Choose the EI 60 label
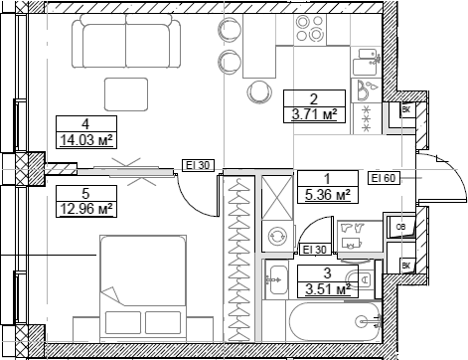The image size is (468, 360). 383,177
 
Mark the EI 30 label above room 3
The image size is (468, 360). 315,250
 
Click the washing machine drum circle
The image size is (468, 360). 277,236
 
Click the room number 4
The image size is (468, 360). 86,123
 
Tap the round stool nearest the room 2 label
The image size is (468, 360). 260,91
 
